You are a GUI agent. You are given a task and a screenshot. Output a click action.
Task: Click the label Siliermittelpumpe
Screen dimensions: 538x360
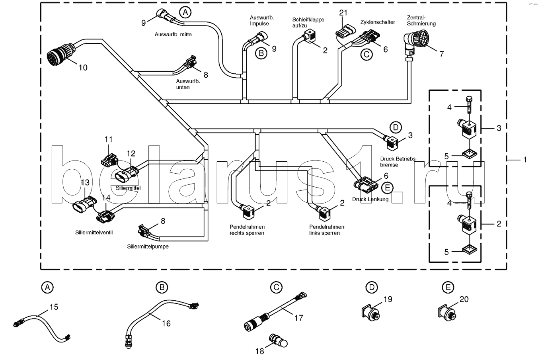148,247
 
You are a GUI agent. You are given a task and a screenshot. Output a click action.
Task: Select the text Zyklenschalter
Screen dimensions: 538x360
378,22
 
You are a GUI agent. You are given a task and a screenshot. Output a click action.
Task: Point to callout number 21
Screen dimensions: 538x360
343,12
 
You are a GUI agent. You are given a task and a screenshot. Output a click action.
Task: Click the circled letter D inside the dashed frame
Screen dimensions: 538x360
396,127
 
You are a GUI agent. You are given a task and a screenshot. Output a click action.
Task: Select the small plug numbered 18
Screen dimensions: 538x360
278,340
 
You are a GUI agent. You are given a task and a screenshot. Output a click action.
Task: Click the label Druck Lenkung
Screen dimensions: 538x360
370,199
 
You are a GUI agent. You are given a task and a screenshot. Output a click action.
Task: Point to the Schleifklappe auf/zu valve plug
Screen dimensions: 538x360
310,36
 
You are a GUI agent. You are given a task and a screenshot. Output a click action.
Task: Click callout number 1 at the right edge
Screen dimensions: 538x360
525,160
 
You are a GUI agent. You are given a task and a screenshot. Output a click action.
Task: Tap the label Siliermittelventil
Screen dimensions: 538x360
94,233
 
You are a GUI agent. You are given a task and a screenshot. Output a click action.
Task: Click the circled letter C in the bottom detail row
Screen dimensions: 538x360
276,287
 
